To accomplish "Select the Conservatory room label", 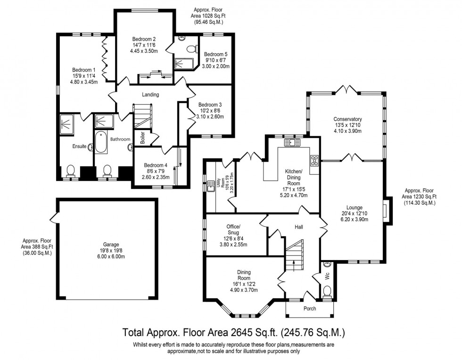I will [347, 119].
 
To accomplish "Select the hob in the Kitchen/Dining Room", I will [314, 161].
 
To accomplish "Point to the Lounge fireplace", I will [386, 210].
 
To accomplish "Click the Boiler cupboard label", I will [142, 138].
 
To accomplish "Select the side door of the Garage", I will [53, 218].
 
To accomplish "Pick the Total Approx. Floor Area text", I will [234, 333].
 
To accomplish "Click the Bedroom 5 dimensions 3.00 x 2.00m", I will [216, 66].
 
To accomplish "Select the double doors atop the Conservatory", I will [347, 89].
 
